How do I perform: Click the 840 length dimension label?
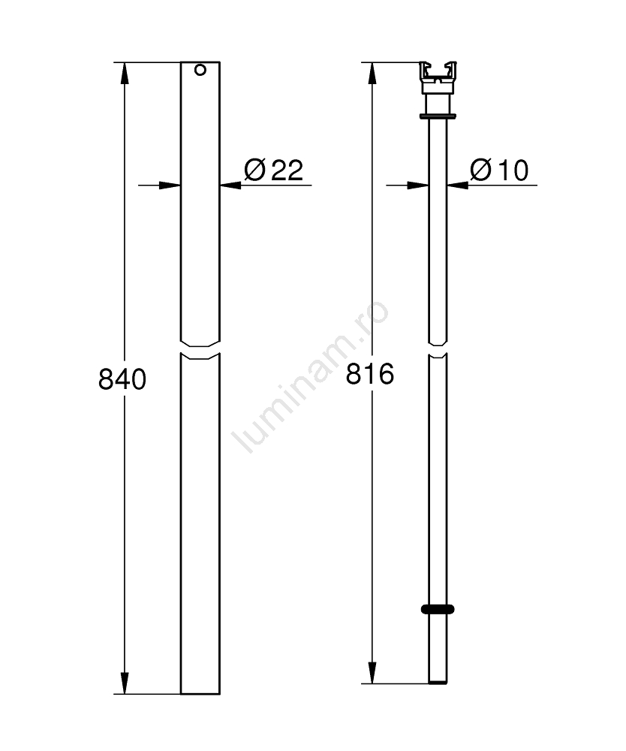click(122, 379)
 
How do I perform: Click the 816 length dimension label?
click(370, 373)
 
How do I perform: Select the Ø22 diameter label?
click(273, 170)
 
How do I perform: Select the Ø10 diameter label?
click(499, 170)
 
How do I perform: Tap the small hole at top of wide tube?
click(200, 70)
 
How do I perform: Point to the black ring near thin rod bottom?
click(438, 609)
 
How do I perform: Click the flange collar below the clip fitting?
click(438, 116)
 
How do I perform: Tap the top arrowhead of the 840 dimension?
click(125, 73)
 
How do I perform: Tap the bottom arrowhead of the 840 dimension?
click(125, 683)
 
